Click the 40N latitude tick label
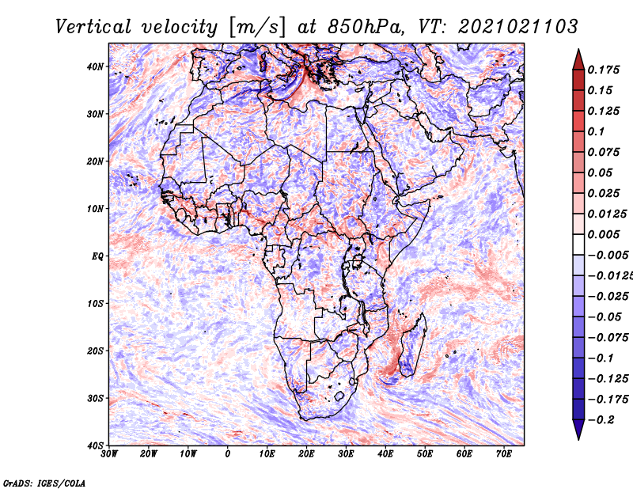pos(95,66)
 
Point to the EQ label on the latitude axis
pos(97,256)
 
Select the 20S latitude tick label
pos(95,351)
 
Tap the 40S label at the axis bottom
pos(95,445)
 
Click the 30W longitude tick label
pos(109,454)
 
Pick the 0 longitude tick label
pos(228,454)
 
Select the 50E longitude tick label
pos(425,454)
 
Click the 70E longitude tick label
pos(504,454)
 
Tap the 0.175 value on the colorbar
pos(604,70)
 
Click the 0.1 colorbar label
pos(597,131)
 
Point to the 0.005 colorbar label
pos(604,234)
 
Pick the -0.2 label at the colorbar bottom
pos(601,420)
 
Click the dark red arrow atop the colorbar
pos(578,59)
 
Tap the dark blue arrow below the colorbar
pos(578,430)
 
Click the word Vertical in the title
pos(93,27)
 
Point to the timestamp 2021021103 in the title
pos(518,27)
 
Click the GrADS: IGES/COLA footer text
pos(44,483)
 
